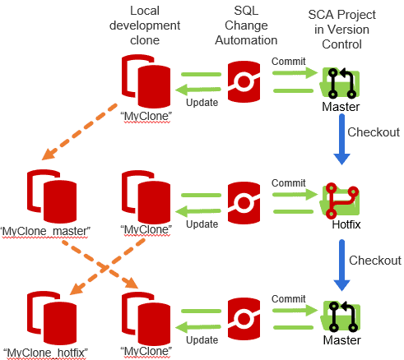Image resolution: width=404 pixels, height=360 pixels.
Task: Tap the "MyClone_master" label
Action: click(45, 232)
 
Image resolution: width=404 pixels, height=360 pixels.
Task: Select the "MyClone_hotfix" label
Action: click(45, 353)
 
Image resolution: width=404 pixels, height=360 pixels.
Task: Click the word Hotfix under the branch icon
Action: click(346, 224)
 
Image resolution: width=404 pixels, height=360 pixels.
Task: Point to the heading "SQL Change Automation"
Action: click(246, 25)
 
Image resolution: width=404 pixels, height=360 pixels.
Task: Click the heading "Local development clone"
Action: click(145, 25)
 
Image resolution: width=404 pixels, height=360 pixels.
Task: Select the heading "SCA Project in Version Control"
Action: click(341, 30)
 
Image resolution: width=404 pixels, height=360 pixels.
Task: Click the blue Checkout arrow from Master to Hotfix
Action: click(341, 139)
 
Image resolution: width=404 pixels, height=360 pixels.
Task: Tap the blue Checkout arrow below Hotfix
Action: click(341, 265)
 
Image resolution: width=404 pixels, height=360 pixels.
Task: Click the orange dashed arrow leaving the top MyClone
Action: click(80, 132)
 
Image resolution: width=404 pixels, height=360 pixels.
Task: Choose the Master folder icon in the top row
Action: click(340, 83)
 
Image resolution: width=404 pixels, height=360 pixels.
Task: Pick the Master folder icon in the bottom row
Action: click(340, 316)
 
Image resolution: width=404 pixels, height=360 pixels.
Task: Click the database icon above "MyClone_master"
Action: click(52, 196)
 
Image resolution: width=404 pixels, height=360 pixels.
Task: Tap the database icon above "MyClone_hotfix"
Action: click(52, 318)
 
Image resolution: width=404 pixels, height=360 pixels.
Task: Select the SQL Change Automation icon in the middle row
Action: click(244, 203)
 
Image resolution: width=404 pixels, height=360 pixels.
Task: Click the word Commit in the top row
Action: click(288, 62)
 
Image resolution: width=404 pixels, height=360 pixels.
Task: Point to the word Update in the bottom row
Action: click(202, 340)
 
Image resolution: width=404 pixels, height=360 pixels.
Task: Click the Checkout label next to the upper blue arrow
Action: click(374, 132)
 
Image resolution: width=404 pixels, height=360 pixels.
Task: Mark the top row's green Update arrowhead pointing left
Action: click(182, 90)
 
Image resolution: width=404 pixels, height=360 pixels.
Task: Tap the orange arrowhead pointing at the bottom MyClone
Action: click(131, 283)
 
